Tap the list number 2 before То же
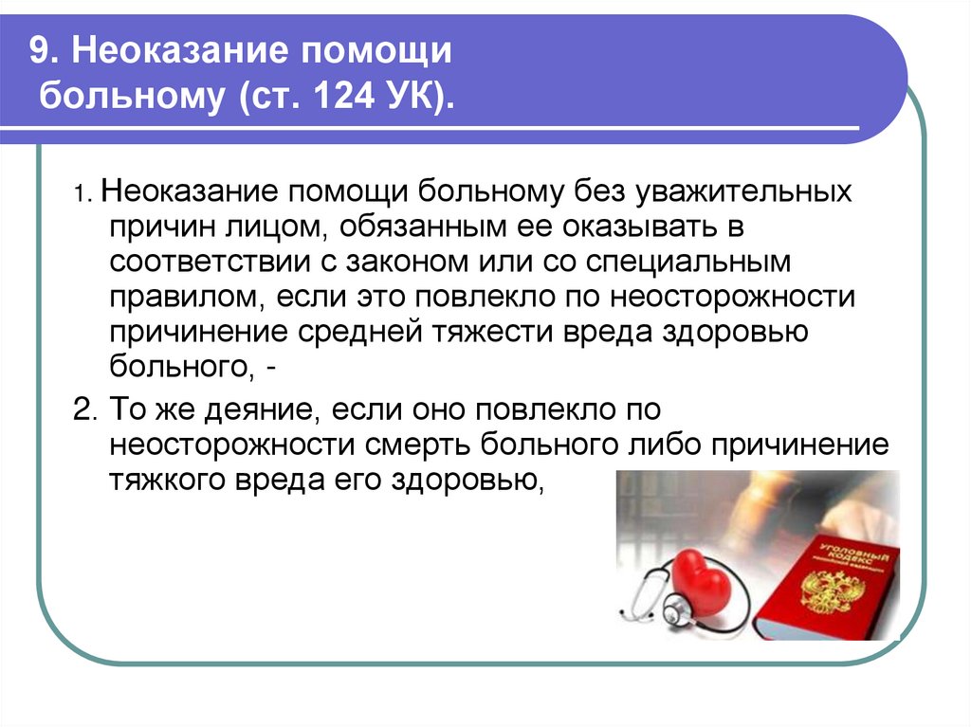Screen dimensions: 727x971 (83, 410)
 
